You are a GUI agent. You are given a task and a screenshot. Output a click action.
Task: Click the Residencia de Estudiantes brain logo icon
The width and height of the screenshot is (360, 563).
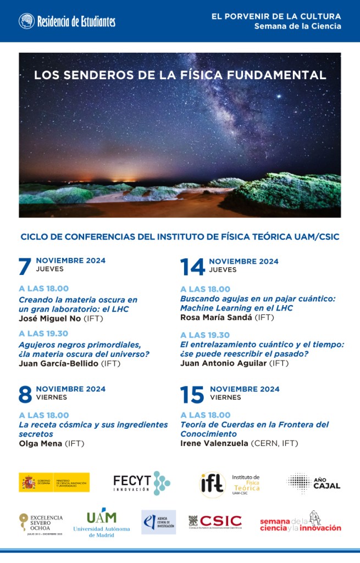[x=26, y=21]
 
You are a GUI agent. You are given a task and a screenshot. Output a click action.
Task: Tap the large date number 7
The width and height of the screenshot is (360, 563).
[x=25, y=267]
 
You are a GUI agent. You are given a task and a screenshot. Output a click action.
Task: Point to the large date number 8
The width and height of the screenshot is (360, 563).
[x=25, y=394]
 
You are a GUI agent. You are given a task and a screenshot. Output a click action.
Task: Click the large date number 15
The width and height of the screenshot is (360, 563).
[x=192, y=394]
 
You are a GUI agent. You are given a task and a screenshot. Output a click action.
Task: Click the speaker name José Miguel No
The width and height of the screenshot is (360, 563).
[x=50, y=318]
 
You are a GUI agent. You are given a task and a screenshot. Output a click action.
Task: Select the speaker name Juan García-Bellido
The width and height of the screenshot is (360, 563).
[x=59, y=363]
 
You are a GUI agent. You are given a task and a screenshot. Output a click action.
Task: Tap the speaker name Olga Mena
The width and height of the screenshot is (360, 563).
[x=41, y=443]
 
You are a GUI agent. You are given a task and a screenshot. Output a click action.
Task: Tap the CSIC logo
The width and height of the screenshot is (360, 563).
[x=215, y=521]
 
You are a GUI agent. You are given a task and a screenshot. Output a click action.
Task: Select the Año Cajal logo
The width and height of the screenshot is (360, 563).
[x=314, y=482]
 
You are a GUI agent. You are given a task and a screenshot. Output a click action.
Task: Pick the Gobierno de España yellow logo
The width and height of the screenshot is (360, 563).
[x=54, y=482]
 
